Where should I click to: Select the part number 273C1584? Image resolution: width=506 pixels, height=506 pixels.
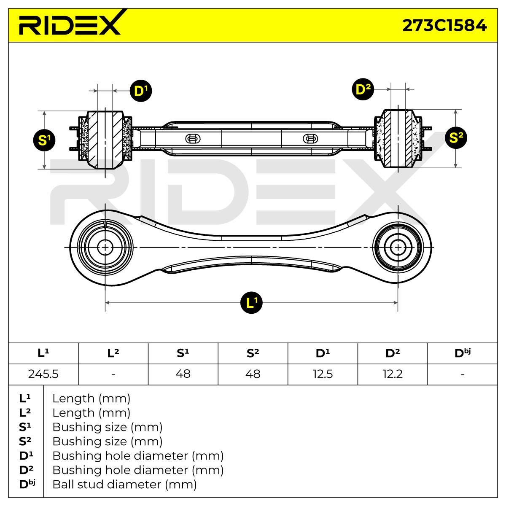click(x=444, y=25)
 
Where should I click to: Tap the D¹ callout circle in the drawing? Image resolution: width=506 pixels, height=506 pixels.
click(x=141, y=91)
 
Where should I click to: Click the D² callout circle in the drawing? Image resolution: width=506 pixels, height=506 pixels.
click(x=363, y=89)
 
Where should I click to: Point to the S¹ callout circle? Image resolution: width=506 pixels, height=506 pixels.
click(x=44, y=140)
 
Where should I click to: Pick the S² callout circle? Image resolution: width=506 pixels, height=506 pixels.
click(x=456, y=138)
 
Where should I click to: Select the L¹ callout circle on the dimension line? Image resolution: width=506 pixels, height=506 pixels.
click(x=251, y=303)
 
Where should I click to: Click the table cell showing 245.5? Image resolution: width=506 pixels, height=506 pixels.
click(x=43, y=374)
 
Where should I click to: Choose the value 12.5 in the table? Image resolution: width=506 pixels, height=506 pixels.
click(x=323, y=374)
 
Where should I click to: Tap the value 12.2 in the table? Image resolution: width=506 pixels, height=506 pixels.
click(x=393, y=374)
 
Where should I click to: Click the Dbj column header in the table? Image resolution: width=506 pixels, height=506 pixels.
click(x=463, y=353)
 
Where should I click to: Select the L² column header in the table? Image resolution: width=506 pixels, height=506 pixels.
click(x=113, y=353)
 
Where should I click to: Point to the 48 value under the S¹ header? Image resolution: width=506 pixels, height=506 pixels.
click(x=183, y=374)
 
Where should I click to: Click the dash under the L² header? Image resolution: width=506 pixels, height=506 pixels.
click(x=113, y=374)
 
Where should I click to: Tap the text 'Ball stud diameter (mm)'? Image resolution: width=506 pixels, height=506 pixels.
click(x=124, y=484)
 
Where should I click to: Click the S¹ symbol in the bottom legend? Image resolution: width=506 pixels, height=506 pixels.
click(x=25, y=427)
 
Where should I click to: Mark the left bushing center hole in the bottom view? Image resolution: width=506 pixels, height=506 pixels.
click(x=105, y=248)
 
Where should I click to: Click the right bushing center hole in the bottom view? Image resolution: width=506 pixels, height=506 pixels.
click(x=398, y=248)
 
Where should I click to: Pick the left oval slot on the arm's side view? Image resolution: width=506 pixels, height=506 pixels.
click(x=193, y=139)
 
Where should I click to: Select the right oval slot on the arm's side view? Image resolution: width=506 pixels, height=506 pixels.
click(x=310, y=139)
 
